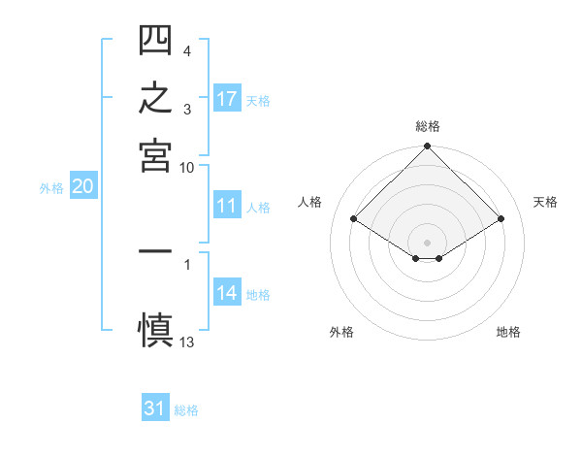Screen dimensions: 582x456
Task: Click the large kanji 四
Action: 155,40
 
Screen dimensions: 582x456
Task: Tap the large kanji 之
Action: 155,97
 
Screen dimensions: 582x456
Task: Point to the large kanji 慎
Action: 155,330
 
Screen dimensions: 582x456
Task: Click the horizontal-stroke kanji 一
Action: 155,251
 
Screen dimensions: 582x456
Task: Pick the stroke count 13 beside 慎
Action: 186,342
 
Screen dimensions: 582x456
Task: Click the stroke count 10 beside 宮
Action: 186,168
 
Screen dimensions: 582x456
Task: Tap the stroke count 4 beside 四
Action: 187,50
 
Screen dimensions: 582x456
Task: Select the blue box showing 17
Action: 228,98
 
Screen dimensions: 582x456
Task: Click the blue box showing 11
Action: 228,205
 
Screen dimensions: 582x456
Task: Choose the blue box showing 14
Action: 228,291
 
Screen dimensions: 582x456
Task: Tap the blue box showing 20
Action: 83,185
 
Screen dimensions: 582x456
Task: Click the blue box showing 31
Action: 155,407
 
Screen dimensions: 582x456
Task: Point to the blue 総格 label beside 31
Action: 186,410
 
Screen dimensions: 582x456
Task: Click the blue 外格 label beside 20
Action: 51,188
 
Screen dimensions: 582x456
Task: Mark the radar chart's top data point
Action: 427,146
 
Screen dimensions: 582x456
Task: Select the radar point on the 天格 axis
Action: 501,218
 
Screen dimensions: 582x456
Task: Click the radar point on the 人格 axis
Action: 354,218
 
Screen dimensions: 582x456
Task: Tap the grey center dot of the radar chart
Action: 427,243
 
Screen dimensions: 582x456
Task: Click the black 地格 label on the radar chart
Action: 508,332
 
